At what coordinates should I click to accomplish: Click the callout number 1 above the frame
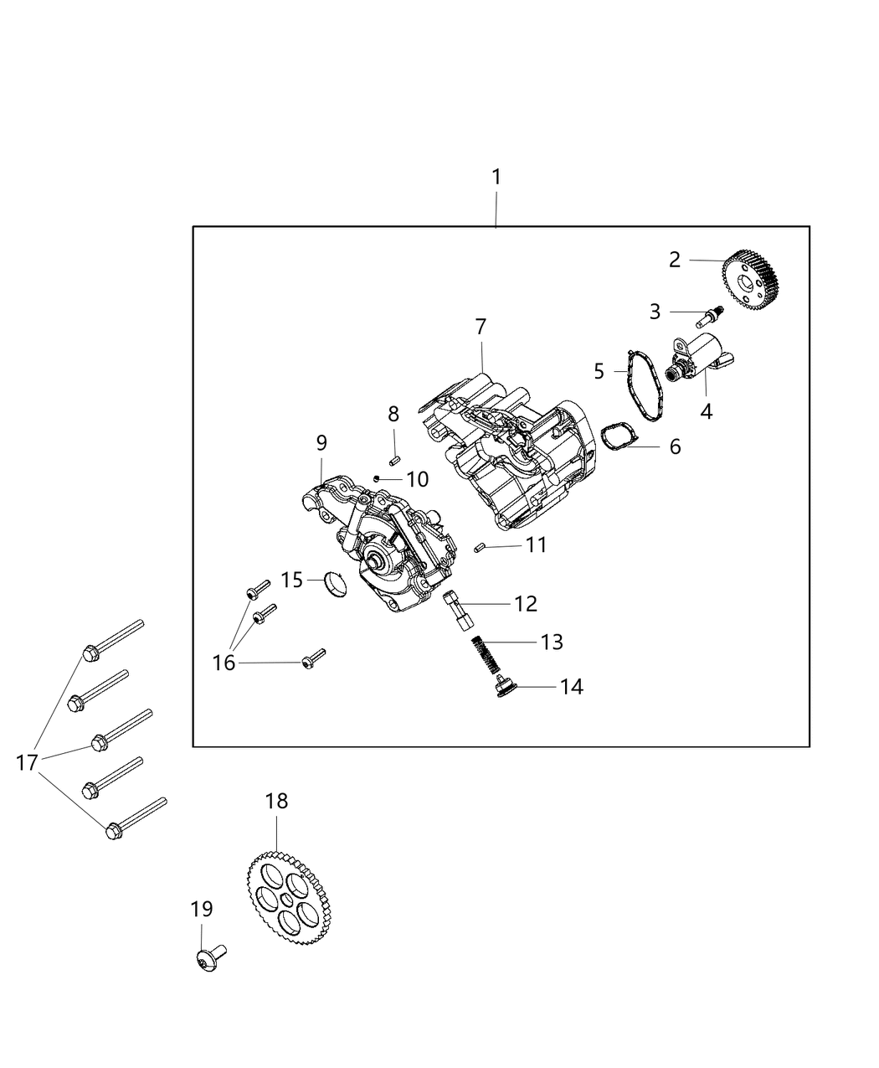coord(496,177)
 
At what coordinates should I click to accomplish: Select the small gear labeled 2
coord(751,280)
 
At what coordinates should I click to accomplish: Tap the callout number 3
coord(655,312)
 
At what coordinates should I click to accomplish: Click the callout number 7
coord(481,326)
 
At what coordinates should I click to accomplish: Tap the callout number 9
coord(321,442)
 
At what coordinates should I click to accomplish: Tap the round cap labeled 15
coord(335,584)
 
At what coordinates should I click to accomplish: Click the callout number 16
coord(224,663)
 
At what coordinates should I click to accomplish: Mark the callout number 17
coord(27,762)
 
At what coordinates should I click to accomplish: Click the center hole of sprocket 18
coord(288,898)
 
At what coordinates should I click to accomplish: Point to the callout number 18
coord(276,801)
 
